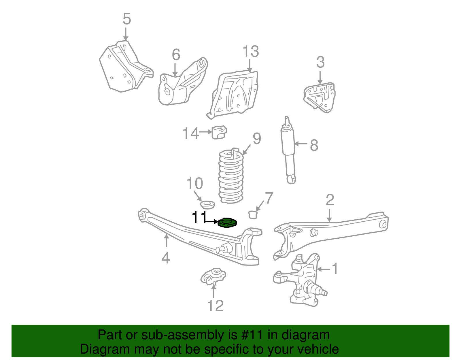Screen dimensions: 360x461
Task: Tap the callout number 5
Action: pyautogui.click(x=127, y=19)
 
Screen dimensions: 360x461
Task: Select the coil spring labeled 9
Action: pyautogui.click(x=231, y=176)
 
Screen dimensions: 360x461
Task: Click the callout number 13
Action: pyautogui.click(x=250, y=52)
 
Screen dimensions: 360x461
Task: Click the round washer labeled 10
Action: pyautogui.click(x=207, y=205)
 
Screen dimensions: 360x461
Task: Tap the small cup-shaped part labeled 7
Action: pyautogui.click(x=253, y=214)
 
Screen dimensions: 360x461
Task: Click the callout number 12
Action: pyautogui.click(x=215, y=306)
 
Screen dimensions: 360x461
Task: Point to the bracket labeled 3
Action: pyautogui.click(x=320, y=97)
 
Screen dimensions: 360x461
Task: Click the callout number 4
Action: pyautogui.click(x=166, y=258)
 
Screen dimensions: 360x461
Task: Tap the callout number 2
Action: pyautogui.click(x=330, y=200)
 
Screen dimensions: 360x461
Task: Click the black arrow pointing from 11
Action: pyautogui.click(x=212, y=221)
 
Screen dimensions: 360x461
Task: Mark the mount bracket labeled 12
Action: pyautogui.click(x=214, y=276)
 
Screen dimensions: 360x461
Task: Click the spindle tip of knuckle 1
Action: pyautogui.click(x=324, y=293)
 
